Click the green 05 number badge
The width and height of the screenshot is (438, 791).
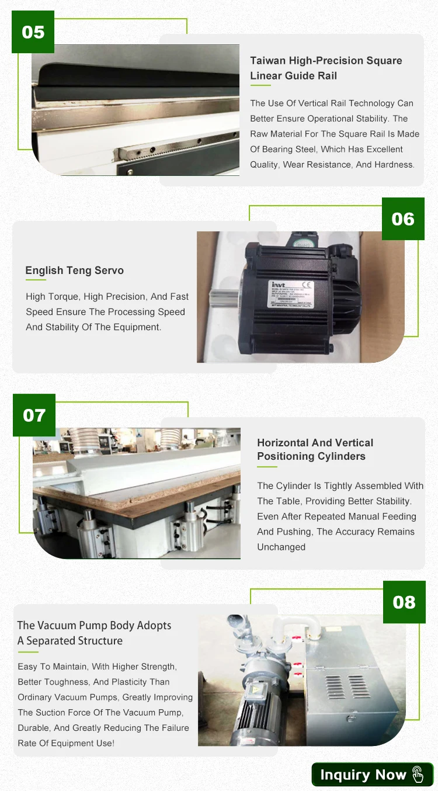point(33,32)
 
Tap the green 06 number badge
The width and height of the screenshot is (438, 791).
point(403,219)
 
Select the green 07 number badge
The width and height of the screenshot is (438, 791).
point(34,415)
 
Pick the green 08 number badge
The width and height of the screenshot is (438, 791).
point(404,602)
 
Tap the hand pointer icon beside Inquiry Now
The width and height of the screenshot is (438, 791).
point(418,775)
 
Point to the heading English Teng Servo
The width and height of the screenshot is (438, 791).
point(75,270)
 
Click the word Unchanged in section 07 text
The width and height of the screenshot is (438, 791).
point(281,547)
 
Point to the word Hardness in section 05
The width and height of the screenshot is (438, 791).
point(394,164)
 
